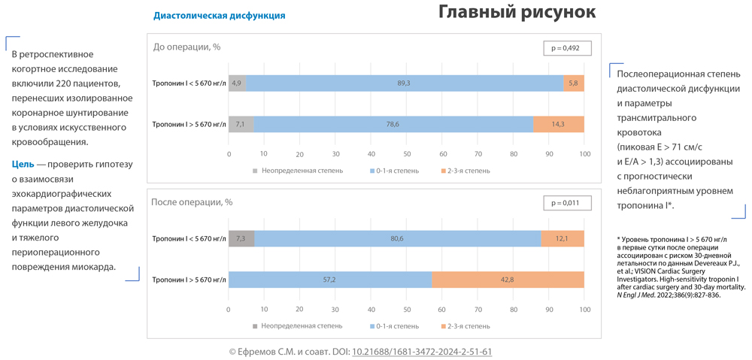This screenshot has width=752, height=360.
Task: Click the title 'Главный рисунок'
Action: coord(517,13)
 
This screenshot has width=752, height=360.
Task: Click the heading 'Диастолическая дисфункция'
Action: coord(219,15)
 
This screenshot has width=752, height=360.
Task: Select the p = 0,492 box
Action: coord(566,48)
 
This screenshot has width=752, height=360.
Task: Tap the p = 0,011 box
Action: coord(566,203)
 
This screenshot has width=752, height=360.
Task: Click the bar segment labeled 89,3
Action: coord(404,83)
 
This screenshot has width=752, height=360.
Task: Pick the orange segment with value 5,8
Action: coord(574,83)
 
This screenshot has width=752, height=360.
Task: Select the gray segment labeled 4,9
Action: coord(237,83)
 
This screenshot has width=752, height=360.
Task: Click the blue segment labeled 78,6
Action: coord(393,124)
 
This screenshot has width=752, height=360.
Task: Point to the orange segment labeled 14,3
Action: coord(558,124)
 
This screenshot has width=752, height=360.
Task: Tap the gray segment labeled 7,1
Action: coord(241,124)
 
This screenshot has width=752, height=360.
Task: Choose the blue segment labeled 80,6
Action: coord(397,238)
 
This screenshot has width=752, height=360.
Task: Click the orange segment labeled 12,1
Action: coord(562,238)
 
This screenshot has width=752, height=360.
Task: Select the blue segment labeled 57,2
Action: coord(329,279)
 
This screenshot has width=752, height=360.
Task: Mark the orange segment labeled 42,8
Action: coord(508,279)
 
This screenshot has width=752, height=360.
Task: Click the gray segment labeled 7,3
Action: coord(241,238)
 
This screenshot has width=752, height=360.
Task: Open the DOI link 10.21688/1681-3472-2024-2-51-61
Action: coord(422,351)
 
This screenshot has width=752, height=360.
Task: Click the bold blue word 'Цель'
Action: coord(23,165)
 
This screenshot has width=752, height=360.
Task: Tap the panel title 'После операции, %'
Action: coord(192,202)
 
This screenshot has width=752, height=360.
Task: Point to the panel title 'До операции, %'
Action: coord(186,47)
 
